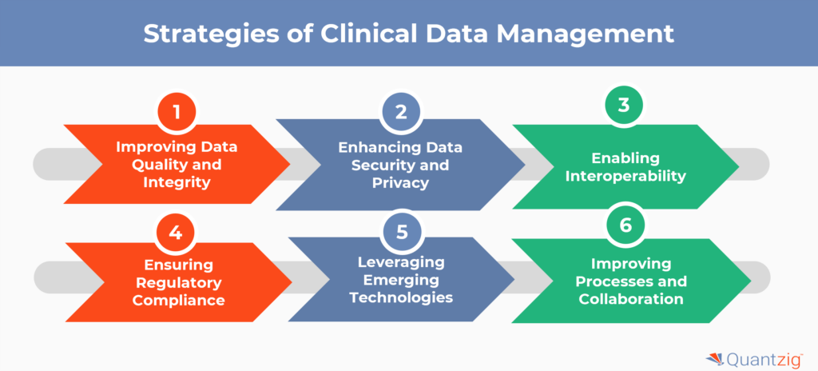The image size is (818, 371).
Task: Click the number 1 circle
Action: [x=177, y=112]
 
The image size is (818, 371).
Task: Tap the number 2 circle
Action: [x=401, y=112]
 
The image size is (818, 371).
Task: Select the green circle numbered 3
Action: [x=624, y=106]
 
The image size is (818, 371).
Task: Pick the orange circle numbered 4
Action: [x=177, y=233]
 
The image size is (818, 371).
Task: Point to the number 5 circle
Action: [x=401, y=233]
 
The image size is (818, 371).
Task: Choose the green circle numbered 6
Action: [x=625, y=225]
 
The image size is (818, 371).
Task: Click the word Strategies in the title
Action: [x=211, y=34]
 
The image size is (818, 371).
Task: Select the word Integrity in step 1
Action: [x=177, y=183]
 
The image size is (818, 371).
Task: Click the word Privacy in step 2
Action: [x=401, y=183]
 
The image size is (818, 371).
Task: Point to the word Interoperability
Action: [x=625, y=177]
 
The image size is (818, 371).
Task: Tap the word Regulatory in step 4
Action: [x=177, y=283]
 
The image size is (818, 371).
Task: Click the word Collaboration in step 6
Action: [x=631, y=299]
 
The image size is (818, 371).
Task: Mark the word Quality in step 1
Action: [x=152, y=166]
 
